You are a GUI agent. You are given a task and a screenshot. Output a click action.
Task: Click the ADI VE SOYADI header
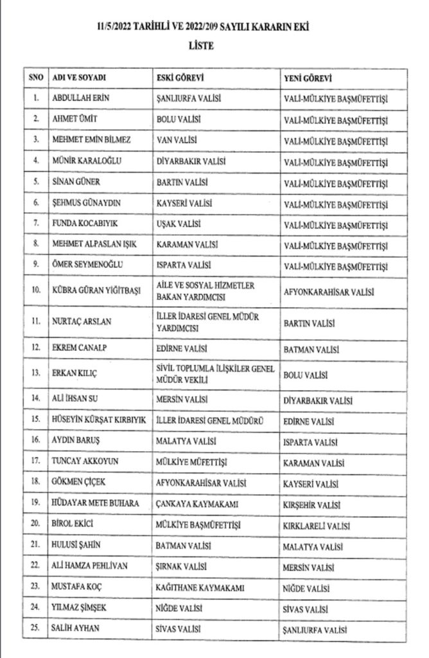(78, 78)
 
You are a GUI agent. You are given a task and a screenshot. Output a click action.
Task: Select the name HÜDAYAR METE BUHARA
(95, 503)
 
